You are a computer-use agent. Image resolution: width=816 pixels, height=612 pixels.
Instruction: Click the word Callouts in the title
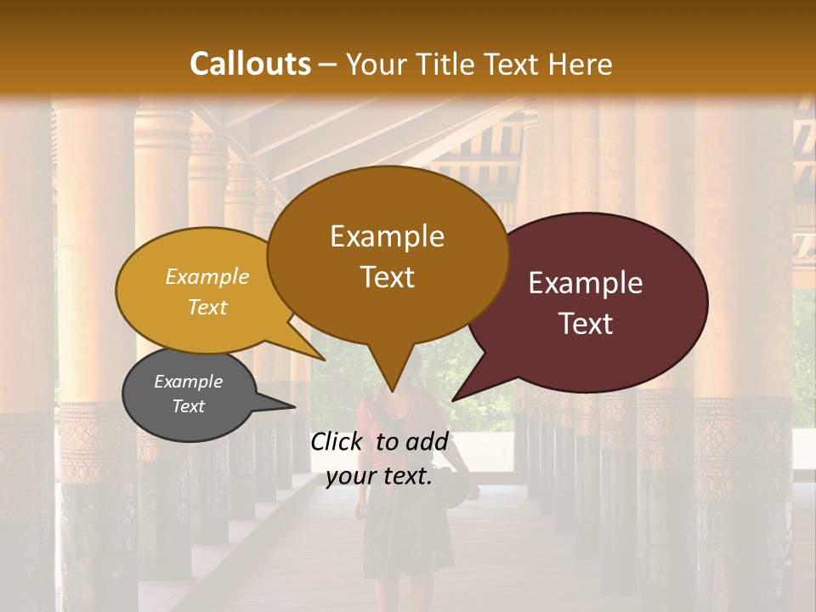click(250, 64)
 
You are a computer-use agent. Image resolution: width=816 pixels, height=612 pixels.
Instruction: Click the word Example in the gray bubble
click(188, 382)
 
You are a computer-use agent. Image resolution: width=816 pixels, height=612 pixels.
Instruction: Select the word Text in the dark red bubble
click(586, 323)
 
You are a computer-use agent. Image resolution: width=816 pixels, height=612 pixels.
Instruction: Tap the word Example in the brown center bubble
click(387, 236)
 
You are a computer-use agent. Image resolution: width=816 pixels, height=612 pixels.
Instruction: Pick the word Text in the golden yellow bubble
click(207, 307)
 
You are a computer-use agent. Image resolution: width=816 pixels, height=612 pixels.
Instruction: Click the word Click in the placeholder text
click(337, 441)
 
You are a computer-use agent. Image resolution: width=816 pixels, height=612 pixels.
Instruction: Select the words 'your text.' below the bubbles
click(379, 476)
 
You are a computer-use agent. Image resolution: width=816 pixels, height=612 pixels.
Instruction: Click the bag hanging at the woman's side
click(463, 493)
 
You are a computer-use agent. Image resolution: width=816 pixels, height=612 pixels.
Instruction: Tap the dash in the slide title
click(328, 64)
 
